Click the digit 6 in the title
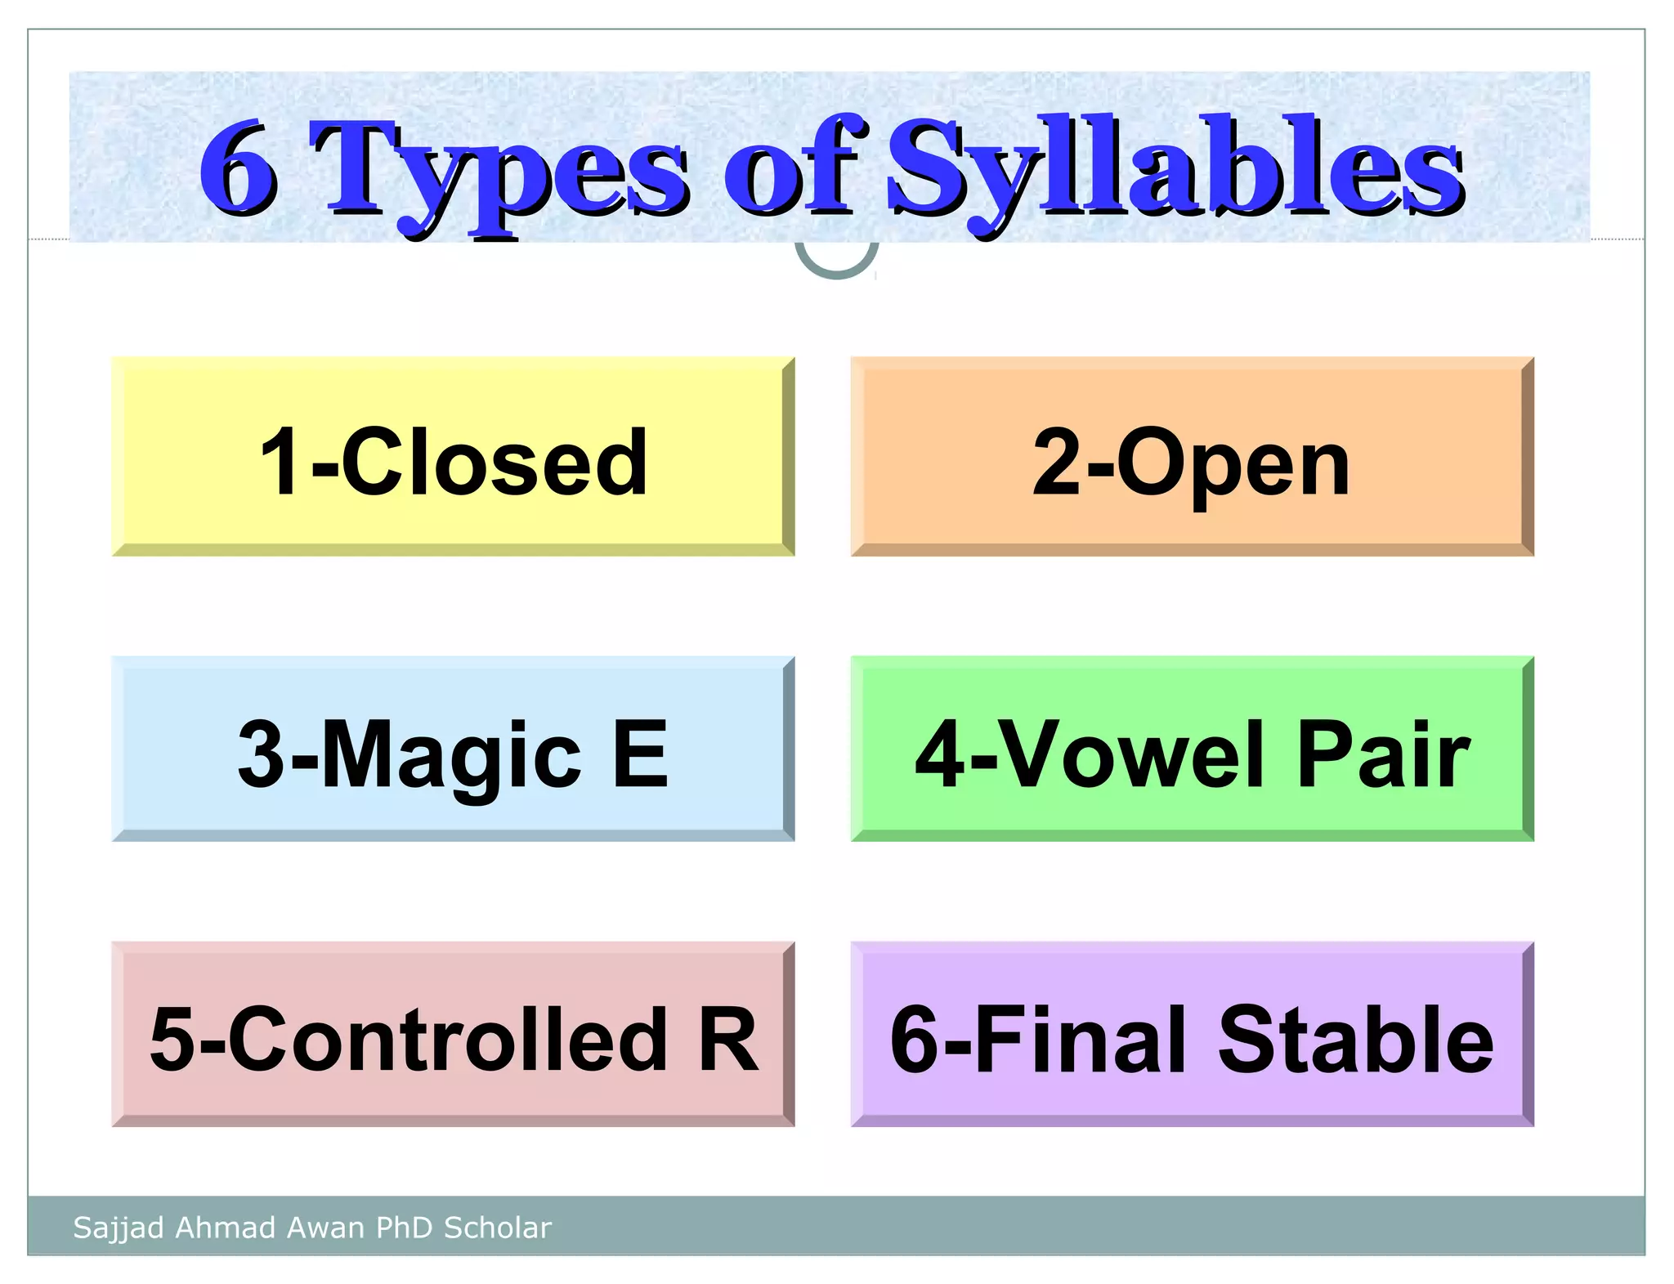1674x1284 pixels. [239, 169]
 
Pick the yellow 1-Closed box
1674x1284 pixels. [453, 457]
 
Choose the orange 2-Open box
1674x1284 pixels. [1192, 457]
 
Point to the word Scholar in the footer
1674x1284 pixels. [497, 1228]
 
